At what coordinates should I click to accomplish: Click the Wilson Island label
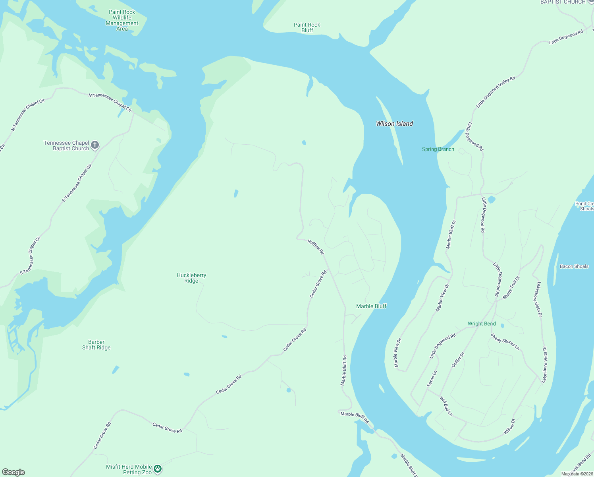(x=394, y=124)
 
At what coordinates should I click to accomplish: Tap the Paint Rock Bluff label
(x=307, y=27)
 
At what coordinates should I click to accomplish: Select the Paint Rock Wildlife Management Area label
(x=122, y=20)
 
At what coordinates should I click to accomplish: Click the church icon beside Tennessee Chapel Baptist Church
(x=95, y=145)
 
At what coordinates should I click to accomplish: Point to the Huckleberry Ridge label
(x=191, y=278)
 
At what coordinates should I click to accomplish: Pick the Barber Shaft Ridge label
(x=96, y=345)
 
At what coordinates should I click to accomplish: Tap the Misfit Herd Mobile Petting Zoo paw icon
(x=158, y=469)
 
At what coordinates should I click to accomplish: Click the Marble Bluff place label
(x=371, y=306)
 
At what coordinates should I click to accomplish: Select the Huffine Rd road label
(x=316, y=247)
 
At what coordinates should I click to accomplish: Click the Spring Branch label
(x=438, y=149)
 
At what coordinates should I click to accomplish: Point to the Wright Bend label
(x=482, y=324)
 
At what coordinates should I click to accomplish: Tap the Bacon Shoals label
(x=574, y=266)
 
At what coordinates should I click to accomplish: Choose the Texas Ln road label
(x=432, y=378)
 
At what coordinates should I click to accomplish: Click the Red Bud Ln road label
(x=446, y=406)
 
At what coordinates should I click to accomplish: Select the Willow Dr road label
(x=509, y=427)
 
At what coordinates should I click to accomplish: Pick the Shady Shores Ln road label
(x=505, y=341)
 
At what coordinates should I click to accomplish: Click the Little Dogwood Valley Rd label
(x=496, y=92)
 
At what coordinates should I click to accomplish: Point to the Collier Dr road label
(x=458, y=360)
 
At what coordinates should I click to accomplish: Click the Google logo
(x=13, y=472)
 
